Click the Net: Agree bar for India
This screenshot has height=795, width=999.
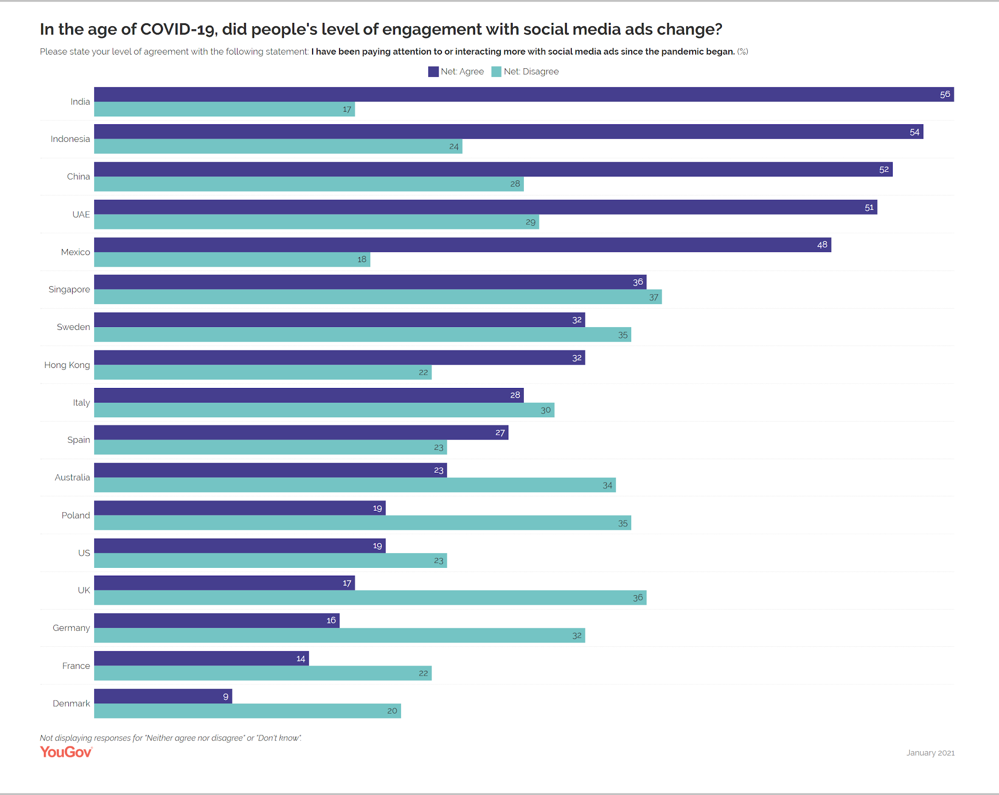524,95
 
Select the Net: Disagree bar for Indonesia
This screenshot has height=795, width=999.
278,147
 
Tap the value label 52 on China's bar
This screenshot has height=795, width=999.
884,170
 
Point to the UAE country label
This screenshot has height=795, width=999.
81,214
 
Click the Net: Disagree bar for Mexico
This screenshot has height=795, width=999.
232,259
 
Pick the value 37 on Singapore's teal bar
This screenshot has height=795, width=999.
654,297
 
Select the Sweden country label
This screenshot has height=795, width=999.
73,327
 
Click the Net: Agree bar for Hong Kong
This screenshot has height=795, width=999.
340,358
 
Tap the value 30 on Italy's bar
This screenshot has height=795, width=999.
545,410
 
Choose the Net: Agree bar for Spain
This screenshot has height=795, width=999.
301,433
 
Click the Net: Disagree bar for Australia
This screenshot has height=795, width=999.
355,485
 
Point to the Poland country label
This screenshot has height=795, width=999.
76,516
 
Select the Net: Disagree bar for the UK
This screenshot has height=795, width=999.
370,598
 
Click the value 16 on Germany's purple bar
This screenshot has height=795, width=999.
331,620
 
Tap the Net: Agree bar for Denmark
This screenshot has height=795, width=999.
163,697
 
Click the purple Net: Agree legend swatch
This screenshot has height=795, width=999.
433,72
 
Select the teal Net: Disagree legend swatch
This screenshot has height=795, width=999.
496,72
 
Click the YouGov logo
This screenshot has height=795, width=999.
66,752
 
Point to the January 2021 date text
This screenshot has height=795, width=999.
930,753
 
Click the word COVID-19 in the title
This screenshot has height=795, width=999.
178,29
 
